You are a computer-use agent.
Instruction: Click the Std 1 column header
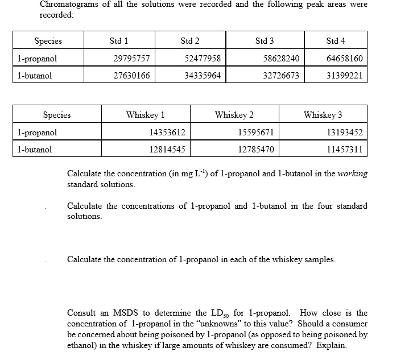[x=118, y=41]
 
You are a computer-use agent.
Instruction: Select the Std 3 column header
[x=265, y=41]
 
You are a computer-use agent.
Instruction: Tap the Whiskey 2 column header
[x=234, y=115]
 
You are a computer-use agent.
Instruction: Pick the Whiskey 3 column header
[x=323, y=115]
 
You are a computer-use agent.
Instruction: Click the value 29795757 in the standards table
[x=132, y=59]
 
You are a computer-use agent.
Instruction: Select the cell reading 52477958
[x=203, y=59]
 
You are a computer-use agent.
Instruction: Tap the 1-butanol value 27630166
[x=132, y=76]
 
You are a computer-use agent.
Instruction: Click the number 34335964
[x=203, y=76]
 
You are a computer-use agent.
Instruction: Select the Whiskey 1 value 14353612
[x=167, y=133]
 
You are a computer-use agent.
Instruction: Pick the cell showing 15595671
[x=255, y=133]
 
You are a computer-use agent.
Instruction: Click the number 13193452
[x=344, y=133]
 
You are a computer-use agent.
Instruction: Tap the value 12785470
[x=255, y=150]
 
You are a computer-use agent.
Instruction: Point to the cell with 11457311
[x=344, y=150]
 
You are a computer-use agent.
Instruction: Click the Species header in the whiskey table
[x=57, y=115]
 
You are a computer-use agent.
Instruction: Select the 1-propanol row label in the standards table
[x=37, y=59]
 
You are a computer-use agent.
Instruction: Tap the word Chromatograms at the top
[x=67, y=5]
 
